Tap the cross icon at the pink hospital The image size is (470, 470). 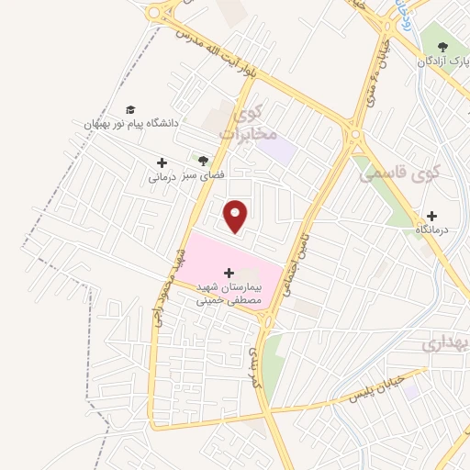[x=229, y=273]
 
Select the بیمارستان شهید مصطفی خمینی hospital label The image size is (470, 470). [x=229, y=293]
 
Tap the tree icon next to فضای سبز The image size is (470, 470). [x=191, y=160]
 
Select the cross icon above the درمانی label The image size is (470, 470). [x=162, y=162]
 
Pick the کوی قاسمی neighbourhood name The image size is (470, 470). [x=398, y=171]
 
